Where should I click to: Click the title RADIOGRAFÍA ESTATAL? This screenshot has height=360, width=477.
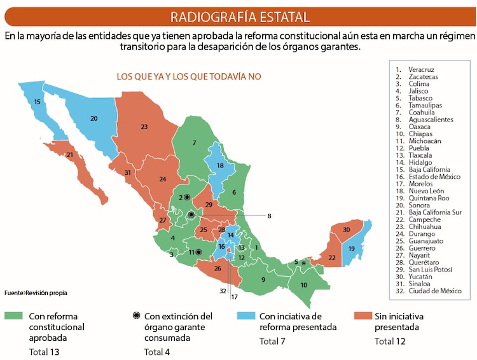coord(240,17)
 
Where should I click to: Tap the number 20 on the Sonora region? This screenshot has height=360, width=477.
coord(93,118)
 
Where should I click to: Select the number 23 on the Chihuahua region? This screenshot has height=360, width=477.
coord(144,127)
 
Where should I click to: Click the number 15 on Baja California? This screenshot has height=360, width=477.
coord(38,102)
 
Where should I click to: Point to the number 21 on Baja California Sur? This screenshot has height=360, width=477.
coord(70,155)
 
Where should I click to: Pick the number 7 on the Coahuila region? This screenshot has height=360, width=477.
coord(194,142)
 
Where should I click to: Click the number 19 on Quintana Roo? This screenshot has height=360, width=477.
coord(350,249)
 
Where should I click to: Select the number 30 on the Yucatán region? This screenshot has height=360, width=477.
coord(347,230)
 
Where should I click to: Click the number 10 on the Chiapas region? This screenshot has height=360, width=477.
coord(303,284)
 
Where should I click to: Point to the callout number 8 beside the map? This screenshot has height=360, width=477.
coord(269,216)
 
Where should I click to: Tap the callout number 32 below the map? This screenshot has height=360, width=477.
coord(222,291)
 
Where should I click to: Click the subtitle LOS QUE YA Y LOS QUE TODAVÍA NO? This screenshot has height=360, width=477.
coord(189,76)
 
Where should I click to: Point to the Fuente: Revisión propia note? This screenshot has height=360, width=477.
coord(36,293)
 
